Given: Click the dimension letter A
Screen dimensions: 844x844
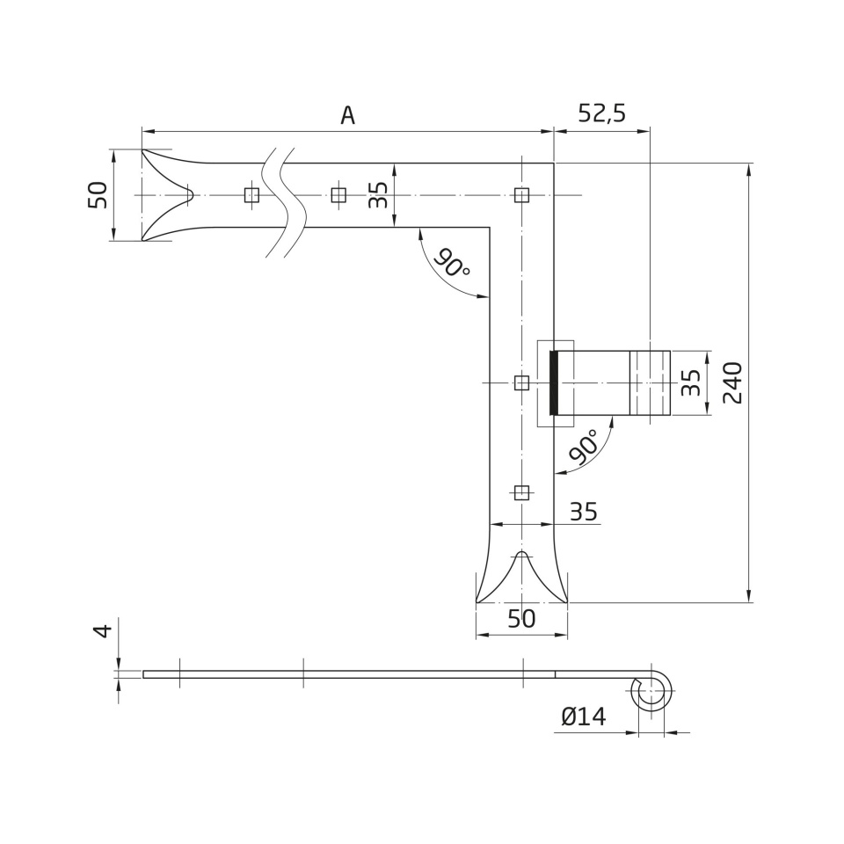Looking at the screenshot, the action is coord(348,114).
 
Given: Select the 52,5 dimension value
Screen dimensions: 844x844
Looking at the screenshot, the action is coord(601,113).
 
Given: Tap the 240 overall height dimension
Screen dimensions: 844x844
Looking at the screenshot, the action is coord(732,382).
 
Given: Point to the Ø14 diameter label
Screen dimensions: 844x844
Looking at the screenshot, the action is coord(584,717).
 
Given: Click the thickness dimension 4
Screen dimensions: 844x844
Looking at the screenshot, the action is coord(104,631).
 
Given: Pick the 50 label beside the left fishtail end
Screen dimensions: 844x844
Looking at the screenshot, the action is coord(98,195).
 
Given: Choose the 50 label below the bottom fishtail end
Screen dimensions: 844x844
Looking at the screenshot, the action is coord(521,619).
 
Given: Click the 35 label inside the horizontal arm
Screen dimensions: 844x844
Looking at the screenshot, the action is coord(378,195).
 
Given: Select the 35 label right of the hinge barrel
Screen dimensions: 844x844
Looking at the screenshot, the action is coord(691,382).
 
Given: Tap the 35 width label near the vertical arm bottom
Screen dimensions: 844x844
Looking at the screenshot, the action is coord(584,512).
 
